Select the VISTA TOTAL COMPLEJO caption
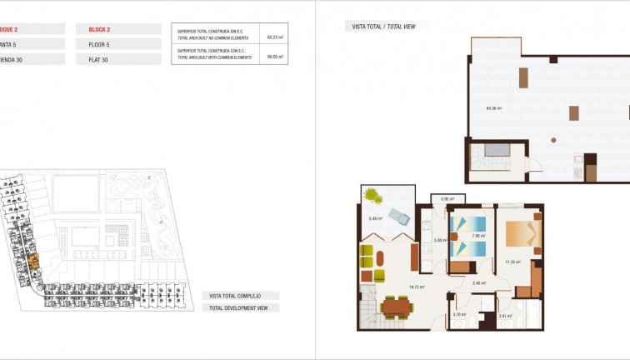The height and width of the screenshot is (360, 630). click(x=235, y=296)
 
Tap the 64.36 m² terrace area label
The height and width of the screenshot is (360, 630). click(x=493, y=108)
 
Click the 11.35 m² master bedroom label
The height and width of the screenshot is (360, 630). click(x=512, y=262)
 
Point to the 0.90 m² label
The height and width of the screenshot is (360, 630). click(x=447, y=198)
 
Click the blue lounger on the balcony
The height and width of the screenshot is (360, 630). click(x=397, y=218)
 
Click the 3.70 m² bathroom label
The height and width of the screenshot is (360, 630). click(x=457, y=315)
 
